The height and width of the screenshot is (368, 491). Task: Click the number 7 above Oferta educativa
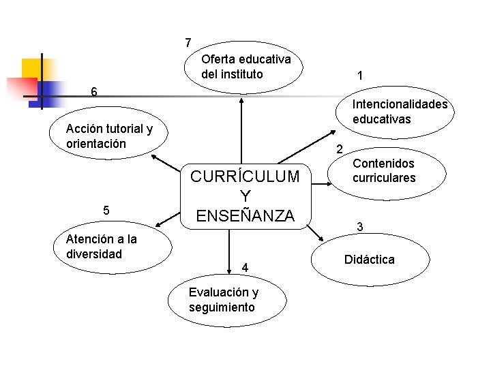click(x=188, y=43)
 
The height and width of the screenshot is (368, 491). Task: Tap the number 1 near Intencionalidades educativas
click(x=359, y=76)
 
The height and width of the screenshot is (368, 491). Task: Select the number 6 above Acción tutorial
click(x=95, y=92)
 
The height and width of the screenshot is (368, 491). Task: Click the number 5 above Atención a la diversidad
click(x=106, y=210)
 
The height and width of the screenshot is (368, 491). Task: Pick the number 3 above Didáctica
click(x=360, y=226)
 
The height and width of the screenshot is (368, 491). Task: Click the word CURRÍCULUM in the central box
click(x=245, y=177)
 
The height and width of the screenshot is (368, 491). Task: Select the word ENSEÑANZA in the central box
click(x=245, y=216)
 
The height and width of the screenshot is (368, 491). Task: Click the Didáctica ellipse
click(x=371, y=260)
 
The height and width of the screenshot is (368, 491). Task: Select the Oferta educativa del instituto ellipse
click(x=243, y=67)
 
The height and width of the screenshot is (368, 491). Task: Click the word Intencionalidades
click(x=400, y=104)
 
